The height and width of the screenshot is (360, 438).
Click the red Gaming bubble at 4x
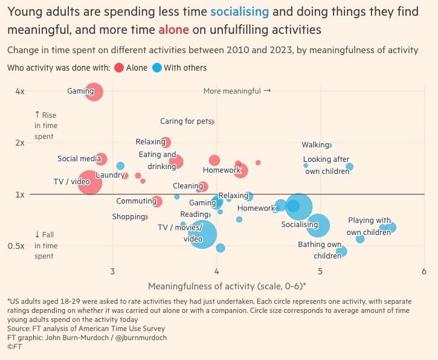coord(93,92)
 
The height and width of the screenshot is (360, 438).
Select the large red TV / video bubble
coord(90,182)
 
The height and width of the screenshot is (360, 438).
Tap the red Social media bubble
coord(101,159)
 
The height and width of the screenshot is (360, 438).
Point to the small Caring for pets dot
coord(213,122)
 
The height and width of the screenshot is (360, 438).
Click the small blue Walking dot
coord(330,145)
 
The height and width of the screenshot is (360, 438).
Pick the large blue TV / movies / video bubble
coord(204,234)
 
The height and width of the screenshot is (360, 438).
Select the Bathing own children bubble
coord(341,251)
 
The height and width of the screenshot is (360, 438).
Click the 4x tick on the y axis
coord(19,91)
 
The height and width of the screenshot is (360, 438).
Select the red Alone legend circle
coord(118,68)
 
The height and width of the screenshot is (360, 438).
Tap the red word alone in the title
coord(173,29)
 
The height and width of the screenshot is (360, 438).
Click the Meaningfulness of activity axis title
coord(227,285)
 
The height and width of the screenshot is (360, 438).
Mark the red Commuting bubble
coord(157,202)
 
